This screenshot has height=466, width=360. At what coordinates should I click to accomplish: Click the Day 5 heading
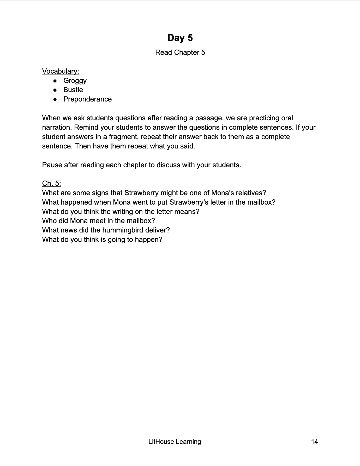pyautogui.click(x=180, y=38)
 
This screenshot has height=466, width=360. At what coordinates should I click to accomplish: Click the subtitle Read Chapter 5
pyautogui.click(x=180, y=52)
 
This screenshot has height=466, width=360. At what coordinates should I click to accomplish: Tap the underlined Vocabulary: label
pyautogui.click(x=61, y=71)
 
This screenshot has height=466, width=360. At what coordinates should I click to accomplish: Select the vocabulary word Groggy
pyautogui.click(x=75, y=81)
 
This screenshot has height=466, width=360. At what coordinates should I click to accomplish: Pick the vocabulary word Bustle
pyautogui.click(x=73, y=90)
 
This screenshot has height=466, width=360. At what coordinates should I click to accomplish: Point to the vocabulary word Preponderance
pyautogui.click(x=87, y=99)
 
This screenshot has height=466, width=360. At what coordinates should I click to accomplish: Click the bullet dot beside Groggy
pyautogui.click(x=55, y=81)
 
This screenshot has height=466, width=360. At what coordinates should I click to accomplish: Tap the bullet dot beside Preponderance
pyautogui.click(x=55, y=99)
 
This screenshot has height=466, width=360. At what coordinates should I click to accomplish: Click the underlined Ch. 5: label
pyautogui.click(x=51, y=183)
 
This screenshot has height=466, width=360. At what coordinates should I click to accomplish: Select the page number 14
pyautogui.click(x=314, y=441)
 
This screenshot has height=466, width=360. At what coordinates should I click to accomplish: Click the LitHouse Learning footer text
pyautogui.click(x=175, y=441)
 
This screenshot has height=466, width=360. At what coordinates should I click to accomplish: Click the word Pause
pyautogui.click(x=52, y=165)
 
